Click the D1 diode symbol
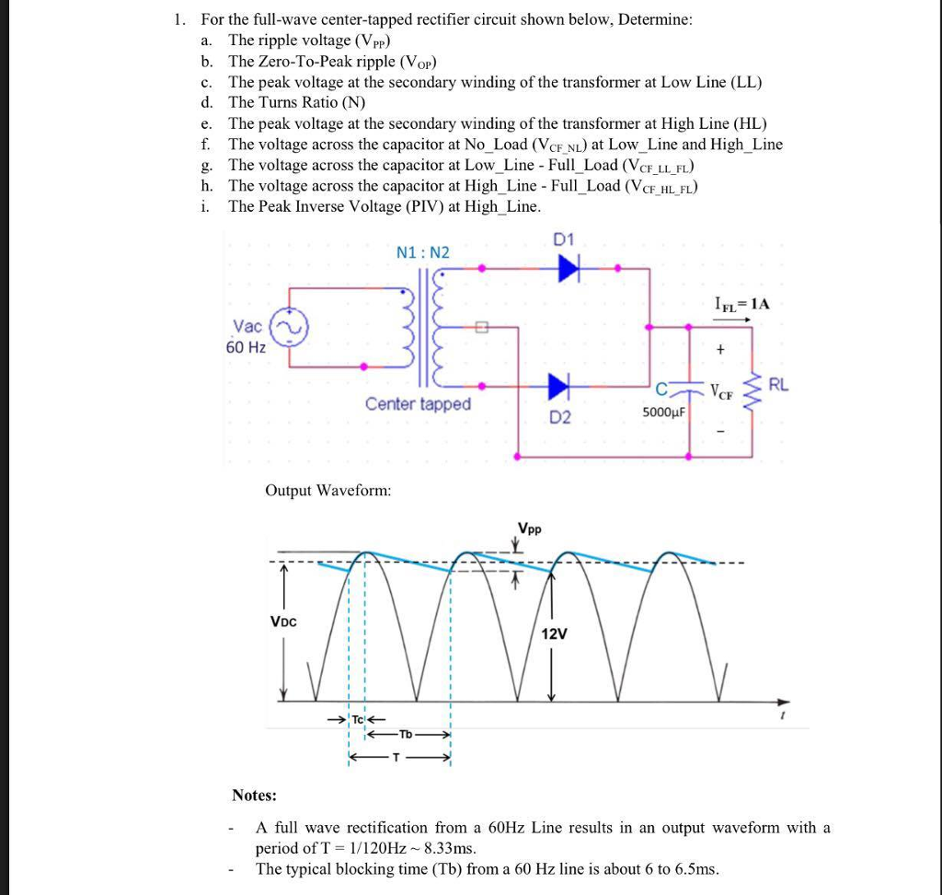(x=569, y=268)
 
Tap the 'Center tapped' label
(x=418, y=404)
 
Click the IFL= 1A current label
(x=741, y=303)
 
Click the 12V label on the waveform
(x=554, y=634)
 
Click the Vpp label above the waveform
(x=529, y=529)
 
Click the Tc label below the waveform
(x=358, y=718)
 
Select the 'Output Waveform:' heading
(x=327, y=491)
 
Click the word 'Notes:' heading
(x=255, y=795)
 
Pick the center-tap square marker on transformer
(x=478, y=327)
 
